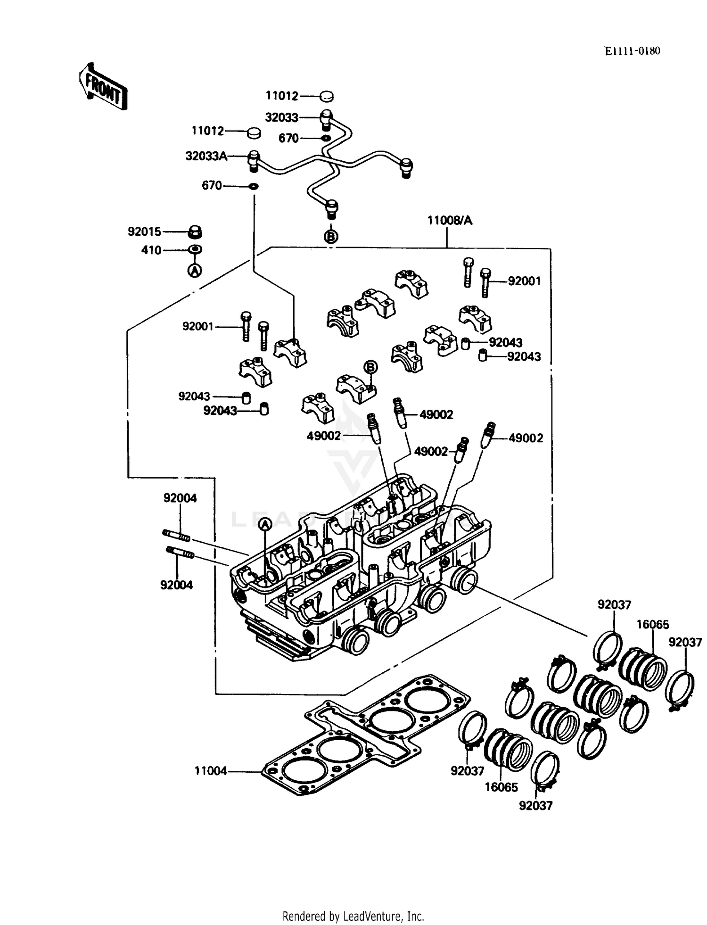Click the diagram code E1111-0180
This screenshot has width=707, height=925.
[633, 51]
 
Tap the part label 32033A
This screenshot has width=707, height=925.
[206, 156]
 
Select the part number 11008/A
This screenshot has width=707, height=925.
[449, 221]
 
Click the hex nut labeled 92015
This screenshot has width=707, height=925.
[195, 232]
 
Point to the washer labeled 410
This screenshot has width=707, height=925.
[195, 249]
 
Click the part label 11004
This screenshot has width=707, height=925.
[211, 771]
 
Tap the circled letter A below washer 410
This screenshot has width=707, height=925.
[195, 270]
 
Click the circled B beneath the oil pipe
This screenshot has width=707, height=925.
[332, 236]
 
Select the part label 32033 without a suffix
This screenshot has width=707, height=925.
[281, 117]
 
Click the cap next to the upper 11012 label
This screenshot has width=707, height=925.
[327, 96]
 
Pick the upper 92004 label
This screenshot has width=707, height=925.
[180, 498]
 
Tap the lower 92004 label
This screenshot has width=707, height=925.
[176, 585]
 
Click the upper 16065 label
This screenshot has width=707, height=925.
[652, 625]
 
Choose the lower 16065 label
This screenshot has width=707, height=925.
[501, 787]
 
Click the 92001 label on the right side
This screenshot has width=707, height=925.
[524, 281]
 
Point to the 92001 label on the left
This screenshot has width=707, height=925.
[198, 326]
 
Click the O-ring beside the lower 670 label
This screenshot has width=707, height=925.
[254, 186]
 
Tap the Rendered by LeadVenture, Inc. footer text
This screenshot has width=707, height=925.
[353, 916]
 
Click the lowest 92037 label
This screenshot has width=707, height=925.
[535, 806]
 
